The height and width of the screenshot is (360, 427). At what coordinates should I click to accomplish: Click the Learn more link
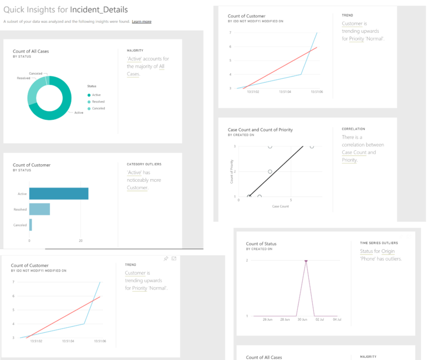tap(141, 22)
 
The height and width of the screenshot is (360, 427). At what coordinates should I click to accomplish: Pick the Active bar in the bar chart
tap(59, 194)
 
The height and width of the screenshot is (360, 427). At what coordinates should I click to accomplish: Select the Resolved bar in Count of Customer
tap(39, 209)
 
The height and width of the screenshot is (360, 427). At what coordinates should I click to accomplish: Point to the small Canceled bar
tap(30, 225)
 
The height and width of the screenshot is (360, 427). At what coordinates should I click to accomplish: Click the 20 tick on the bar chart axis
tap(81, 241)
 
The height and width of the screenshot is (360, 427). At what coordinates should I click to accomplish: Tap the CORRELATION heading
tap(353, 129)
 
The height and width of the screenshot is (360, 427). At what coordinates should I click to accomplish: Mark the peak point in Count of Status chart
tap(306, 261)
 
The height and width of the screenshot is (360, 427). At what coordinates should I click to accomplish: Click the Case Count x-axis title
tap(279, 206)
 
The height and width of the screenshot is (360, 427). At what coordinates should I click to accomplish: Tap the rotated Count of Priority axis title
tap(231, 173)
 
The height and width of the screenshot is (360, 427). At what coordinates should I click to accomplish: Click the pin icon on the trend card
tap(166, 259)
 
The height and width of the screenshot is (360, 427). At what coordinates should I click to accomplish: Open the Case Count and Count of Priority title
tap(260, 130)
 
